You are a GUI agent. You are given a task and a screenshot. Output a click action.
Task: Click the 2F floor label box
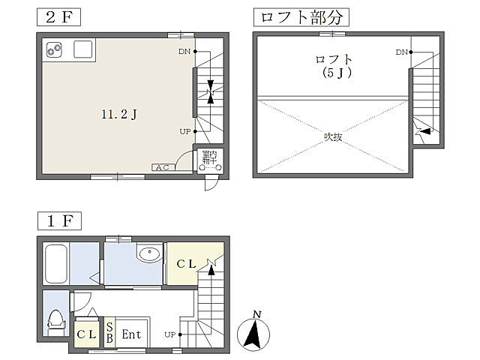point(58,17)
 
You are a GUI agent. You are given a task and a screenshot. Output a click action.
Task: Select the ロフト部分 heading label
point(301,17)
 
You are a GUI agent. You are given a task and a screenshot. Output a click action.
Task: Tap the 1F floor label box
point(59,220)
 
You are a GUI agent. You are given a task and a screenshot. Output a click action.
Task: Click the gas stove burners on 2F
point(54,49)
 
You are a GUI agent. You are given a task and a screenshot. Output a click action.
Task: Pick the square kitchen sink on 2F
point(83,49)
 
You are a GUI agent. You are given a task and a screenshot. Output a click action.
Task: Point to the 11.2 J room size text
point(119,115)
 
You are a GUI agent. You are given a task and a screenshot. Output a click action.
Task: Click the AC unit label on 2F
point(163,167)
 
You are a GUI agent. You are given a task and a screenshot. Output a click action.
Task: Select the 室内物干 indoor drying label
point(210,157)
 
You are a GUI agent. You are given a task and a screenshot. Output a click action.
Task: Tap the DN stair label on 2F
point(184,52)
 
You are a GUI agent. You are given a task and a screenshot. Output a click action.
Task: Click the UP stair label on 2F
point(185,132)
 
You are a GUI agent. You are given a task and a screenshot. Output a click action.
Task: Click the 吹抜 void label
point(333,136)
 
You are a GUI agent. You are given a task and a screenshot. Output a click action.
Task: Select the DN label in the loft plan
point(401,52)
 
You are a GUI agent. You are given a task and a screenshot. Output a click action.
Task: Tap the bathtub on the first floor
point(56,264)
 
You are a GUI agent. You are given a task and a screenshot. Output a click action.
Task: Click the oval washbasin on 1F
point(149,253)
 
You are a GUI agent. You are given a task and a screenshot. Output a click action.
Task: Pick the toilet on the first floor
point(56,323)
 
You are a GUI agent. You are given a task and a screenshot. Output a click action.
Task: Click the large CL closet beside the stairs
point(186,263)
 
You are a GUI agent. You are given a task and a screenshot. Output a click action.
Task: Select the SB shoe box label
point(109,333)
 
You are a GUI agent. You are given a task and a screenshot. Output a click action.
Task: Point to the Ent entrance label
point(131,334)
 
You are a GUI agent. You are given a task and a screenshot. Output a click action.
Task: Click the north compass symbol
point(253,334)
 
